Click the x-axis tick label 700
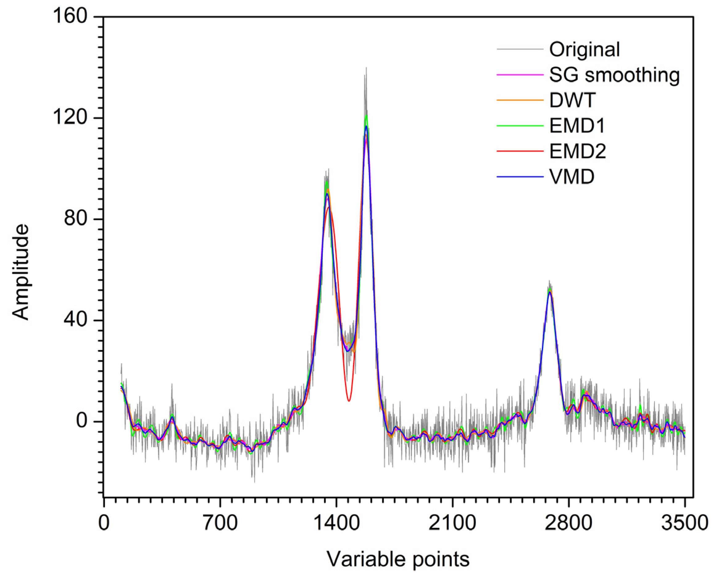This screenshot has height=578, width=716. pyautogui.click(x=220, y=523)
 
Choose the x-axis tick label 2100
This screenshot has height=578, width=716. pyautogui.click(x=452, y=523)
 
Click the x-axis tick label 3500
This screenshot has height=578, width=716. pyautogui.click(x=684, y=523)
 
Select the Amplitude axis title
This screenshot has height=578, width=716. pyautogui.click(x=21, y=272)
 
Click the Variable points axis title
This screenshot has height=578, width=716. pyautogui.click(x=398, y=559)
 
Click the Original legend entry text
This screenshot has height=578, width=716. pyautogui.click(x=585, y=49)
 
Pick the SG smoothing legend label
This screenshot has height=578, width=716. pyautogui.click(x=614, y=75)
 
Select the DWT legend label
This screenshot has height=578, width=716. pyautogui.click(x=572, y=100)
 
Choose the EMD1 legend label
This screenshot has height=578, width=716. pyautogui.click(x=577, y=126)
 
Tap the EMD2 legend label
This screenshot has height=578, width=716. pyautogui.click(x=577, y=151)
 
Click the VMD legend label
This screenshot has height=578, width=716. pyautogui.click(x=572, y=177)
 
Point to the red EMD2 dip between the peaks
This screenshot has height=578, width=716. pyautogui.click(x=349, y=401)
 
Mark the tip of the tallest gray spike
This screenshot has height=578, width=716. pyautogui.click(x=366, y=68)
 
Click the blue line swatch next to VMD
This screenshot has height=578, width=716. pyautogui.click(x=520, y=177)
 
